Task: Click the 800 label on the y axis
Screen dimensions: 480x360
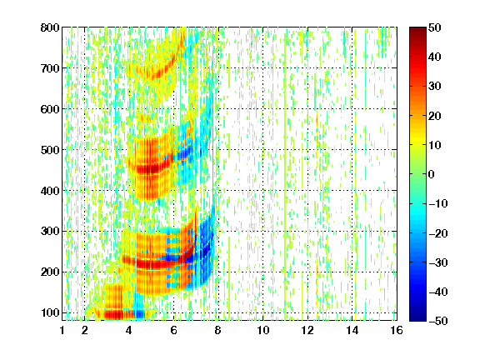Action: click(x=50, y=27)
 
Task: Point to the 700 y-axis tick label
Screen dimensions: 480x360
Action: click(x=50, y=68)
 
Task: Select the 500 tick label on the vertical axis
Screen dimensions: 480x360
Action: click(x=50, y=150)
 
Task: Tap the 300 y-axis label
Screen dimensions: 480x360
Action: click(x=50, y=232)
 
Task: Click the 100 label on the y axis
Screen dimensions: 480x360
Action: click(x=50, y=312)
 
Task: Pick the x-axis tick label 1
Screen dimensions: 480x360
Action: click(x=62, y=330)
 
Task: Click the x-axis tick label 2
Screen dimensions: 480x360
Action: click(x=84, y=330)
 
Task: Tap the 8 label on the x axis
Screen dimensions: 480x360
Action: click(x=218, y=330)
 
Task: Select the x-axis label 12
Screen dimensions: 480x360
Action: click(x=307, y=330)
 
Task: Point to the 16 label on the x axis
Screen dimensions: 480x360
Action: click(x=397, y=330)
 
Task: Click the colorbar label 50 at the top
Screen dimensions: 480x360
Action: click(x=434, y=27)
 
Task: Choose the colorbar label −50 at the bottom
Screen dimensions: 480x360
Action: click(x=437, y=321)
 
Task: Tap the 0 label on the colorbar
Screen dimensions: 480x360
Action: click(x=432, y=174)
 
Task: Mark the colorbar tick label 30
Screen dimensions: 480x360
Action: click(x=434, y=87)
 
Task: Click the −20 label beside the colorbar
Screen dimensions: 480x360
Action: click(x=437, y=233)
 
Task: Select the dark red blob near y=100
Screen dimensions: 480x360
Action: click(x=117, y=314)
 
